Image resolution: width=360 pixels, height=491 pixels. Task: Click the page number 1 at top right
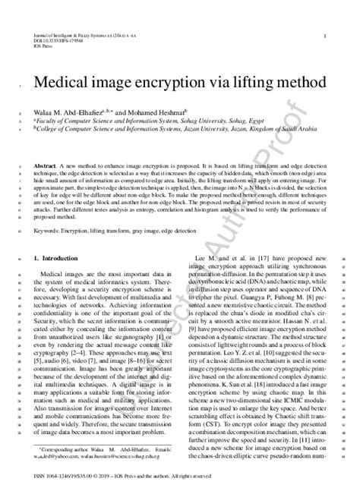(x=325, y=36)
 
